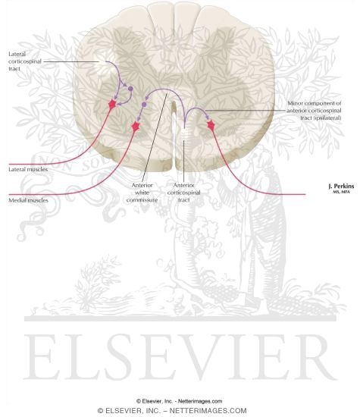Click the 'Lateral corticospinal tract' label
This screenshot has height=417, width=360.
click(25, 61)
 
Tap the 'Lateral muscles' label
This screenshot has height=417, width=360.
click(28, 169)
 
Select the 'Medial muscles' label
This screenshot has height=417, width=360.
click(29, 200)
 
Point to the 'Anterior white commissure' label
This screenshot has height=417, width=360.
click(142, 193)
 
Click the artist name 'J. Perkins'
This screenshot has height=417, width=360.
click(341, 187)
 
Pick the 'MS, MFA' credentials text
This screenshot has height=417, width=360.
click(341, 192)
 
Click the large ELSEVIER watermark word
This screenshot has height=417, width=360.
click(181, 357)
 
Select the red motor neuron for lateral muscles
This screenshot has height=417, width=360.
click(112, 104)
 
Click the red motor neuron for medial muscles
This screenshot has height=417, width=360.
click(136, 126)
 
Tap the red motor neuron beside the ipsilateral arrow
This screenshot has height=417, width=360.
click(211, 125)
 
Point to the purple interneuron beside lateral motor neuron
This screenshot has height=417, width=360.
click(130, 89)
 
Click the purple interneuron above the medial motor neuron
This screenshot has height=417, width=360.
click(144, 105)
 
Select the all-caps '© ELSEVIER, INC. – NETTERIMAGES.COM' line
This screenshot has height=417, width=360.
click(172, 411)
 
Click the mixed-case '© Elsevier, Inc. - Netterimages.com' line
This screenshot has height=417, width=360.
click(179, 401)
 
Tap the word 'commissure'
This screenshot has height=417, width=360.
click(142, 200)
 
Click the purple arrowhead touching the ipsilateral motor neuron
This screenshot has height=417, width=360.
click(208, 118)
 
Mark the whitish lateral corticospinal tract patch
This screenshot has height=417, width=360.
click(103, 64)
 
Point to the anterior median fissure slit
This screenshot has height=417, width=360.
click(174, 136)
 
